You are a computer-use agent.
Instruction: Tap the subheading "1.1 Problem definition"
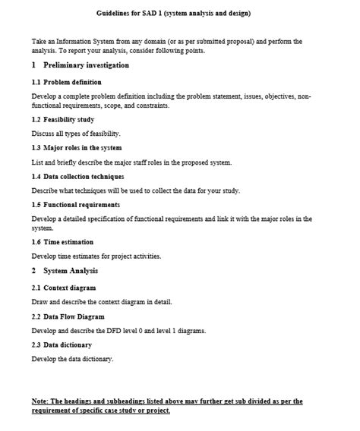[x=67, y=81]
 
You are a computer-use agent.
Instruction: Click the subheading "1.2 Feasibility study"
[x=63, y=120]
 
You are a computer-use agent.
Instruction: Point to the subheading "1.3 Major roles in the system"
[x=77, y=147]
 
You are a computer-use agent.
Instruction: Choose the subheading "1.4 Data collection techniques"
[x=77, y=176]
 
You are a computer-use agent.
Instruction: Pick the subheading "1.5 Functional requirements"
[x=76, y=205]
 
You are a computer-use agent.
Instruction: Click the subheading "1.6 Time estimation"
[x=63, y=241]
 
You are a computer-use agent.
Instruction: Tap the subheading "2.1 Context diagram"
[x=64, y=288]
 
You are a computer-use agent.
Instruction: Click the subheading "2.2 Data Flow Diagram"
[x=68, y=316]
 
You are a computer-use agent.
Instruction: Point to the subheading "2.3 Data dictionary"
[x=63, y=344]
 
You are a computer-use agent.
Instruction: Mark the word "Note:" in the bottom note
[x=40, y=401]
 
